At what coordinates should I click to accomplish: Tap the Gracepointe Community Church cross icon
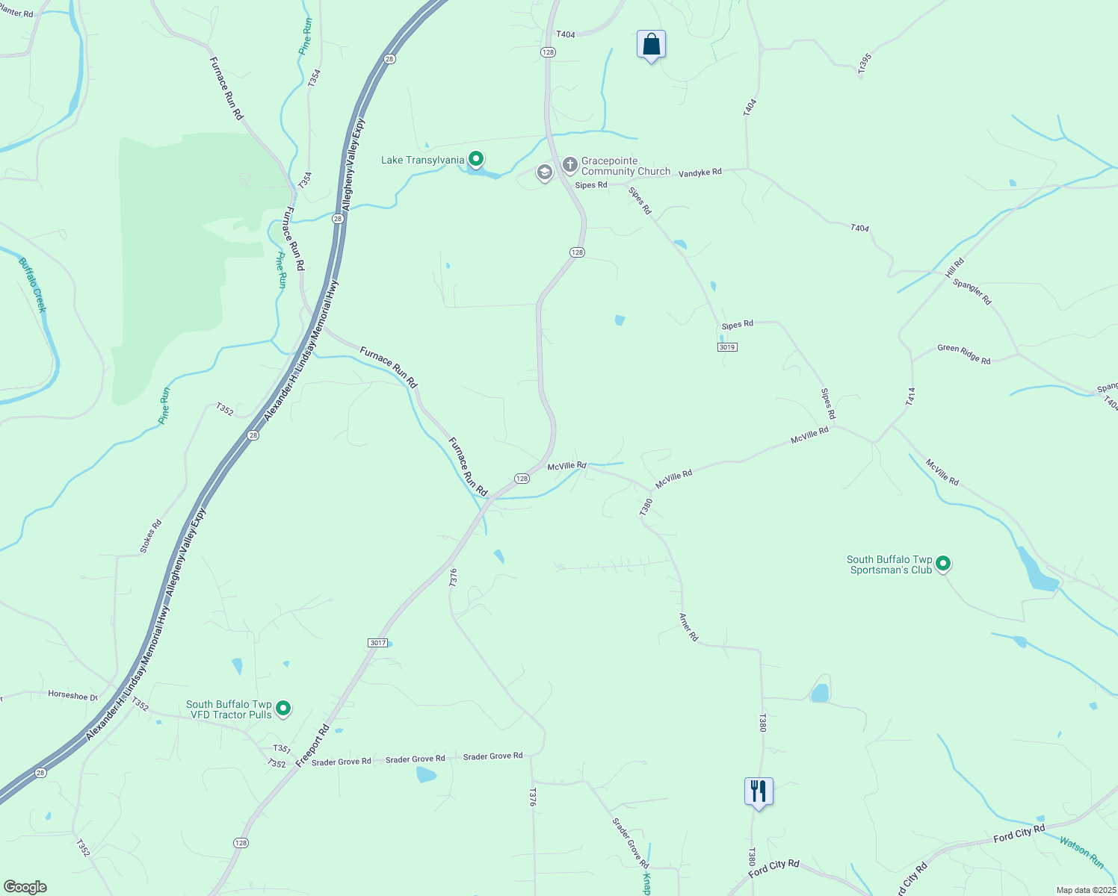click(x=570, y=164)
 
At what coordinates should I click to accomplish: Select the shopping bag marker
click(x=651, y=44)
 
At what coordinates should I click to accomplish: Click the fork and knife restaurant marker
click(x=759, y=791)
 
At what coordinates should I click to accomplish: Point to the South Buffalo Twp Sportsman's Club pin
click(x=943, y=564)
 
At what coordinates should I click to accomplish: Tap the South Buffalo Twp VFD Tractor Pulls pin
click(x=283, y=708)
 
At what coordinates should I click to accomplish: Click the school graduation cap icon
click(x=545, y=173)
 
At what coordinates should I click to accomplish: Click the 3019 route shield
click(x=727, y=347)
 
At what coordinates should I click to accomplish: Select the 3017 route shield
click(x=378, y=643)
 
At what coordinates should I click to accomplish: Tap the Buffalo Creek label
click(x=33, y=285)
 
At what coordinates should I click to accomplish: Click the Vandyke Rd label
click(x=700, y=172)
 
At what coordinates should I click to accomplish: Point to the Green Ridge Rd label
click(x=964, y=354)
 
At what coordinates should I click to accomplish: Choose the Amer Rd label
click(x=688, y=627)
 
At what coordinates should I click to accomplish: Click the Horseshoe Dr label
click(x=73, y=695)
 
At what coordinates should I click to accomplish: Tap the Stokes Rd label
click(x=151, y=536)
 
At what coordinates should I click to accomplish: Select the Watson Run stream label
click(x=1081, y=851)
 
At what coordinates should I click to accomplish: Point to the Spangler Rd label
click(x=972, y=292)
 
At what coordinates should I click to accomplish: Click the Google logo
click(x=25, y=887)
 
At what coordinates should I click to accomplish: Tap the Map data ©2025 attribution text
click(x=1085, y=890)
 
